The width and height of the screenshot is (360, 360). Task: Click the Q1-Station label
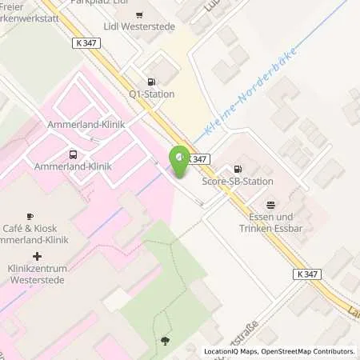[x=152, y=94]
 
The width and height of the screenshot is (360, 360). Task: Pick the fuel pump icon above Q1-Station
[x=150, y=81]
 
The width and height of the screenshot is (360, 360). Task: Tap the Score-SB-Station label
[x=236, y=181]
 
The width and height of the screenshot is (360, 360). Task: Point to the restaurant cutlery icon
[x=270, y=203]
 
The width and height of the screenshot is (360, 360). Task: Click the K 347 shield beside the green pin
[x=200, y=158]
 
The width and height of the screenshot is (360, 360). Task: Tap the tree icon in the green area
[x=166, y=341]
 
